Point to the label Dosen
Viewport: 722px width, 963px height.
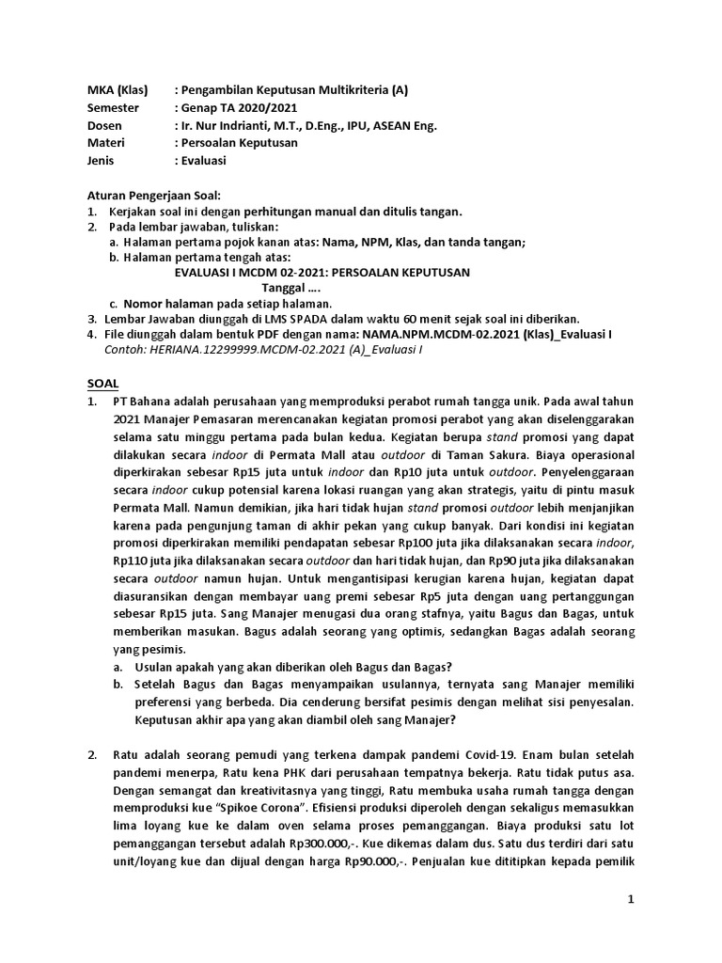click(104, 125)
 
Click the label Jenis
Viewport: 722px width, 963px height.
click(102, 161)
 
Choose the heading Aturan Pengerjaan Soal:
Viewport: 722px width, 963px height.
click(152, 196)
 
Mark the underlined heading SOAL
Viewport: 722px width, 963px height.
click(103, 384)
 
